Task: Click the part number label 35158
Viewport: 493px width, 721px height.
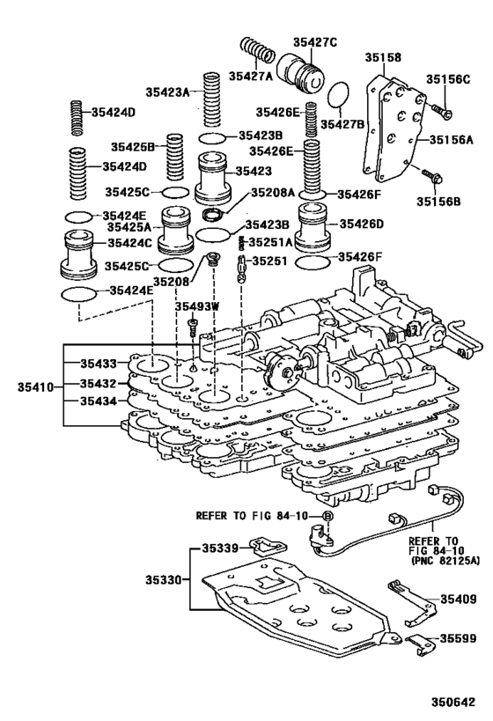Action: (x=383, y=57)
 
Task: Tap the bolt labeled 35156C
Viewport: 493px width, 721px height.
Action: (x=441, y=110)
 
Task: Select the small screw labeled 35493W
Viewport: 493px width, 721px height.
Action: (x=193, y=327)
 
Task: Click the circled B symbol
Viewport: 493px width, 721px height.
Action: (x=327, y=516)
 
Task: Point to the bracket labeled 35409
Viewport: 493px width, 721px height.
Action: (x=412, y=602)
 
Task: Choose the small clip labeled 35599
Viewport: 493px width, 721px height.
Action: (x=420, y=644)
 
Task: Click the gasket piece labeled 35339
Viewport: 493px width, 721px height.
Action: (x=269, y=548)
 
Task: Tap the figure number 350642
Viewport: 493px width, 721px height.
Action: (x=453, y=703)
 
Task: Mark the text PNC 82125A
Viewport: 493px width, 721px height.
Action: (x=445, y=561)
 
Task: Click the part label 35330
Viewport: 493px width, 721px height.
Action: (x=163, y=579)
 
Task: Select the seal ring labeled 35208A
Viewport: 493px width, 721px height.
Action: (x=214, y=214)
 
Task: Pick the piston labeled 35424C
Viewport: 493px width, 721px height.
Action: (x=78, y=254)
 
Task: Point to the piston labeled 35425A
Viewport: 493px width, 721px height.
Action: (x=176, y=230)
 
